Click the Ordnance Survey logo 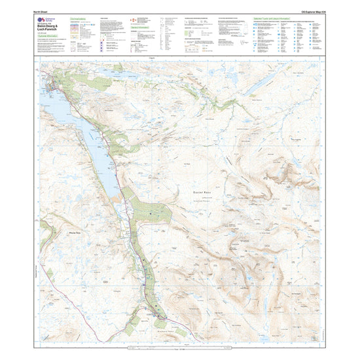coord(41,22)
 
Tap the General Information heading coord(139,28)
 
